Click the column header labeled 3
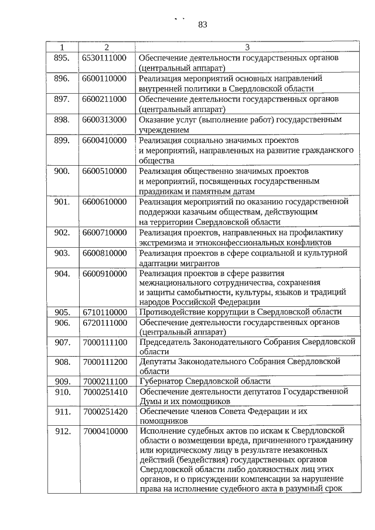click(x=247, y=47)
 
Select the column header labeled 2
click(x=106, y=47)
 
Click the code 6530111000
click(x=105, y=58)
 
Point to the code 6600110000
click(x=105, y=78)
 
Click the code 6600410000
click(x=105, y=141)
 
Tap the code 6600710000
click(x=105, y=232)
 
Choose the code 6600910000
click(x=105, y=273)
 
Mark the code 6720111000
click(x=105, y=323)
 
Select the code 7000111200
click(x=105, y=362)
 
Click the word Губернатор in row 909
click(x=162, y=381)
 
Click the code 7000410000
click(x=105, y=432)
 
